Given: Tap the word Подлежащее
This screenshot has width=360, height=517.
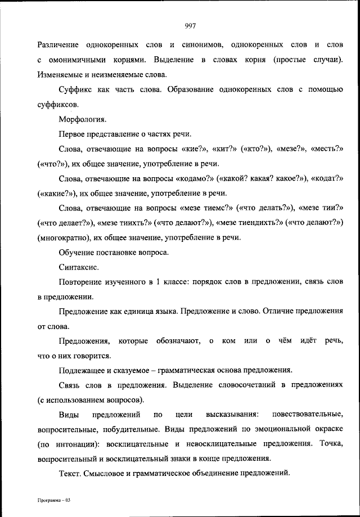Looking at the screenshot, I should tap(83, 370).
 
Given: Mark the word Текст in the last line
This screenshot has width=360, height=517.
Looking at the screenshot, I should tap(69, 473).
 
